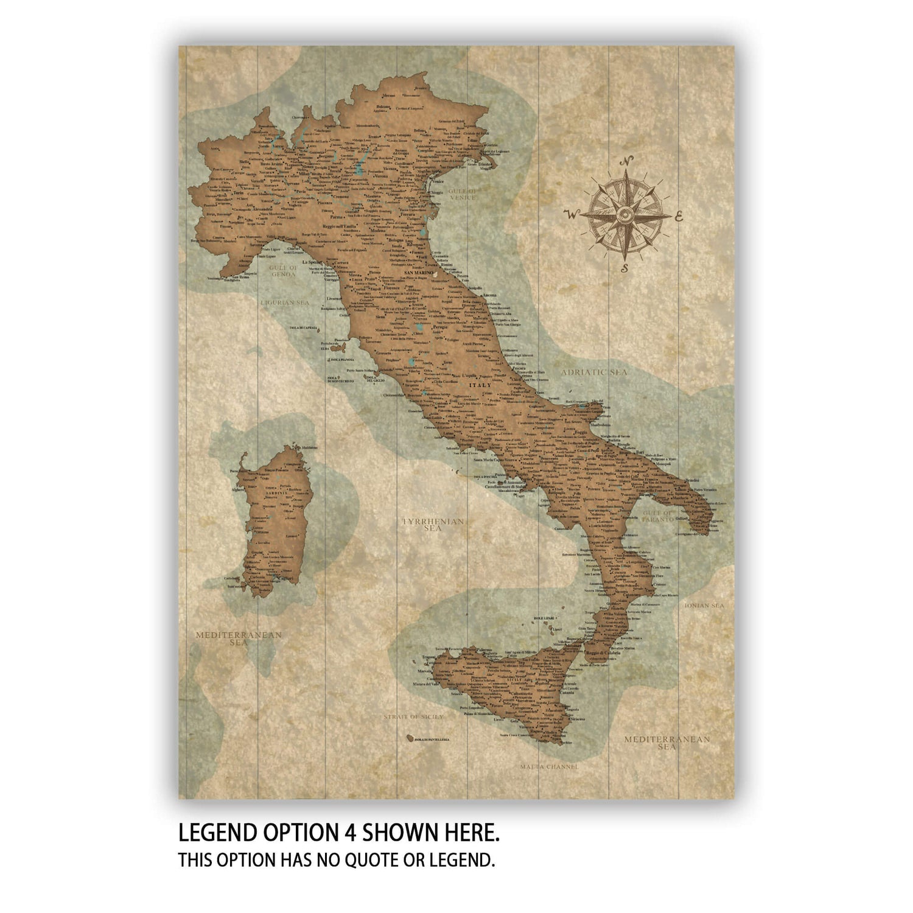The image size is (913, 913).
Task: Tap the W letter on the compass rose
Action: (571, 214)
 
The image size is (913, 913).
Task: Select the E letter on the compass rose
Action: (679, 215)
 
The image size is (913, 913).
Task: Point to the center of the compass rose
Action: (625, 214)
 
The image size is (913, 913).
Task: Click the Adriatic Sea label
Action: (593, 372)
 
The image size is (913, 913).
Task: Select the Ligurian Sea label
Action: (285, 302)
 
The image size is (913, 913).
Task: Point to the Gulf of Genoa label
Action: (283, 271)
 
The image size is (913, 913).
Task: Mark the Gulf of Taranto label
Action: (658, 517)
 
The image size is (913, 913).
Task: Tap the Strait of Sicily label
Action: (413, 717)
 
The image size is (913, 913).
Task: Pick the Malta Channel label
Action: (548, 766)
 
